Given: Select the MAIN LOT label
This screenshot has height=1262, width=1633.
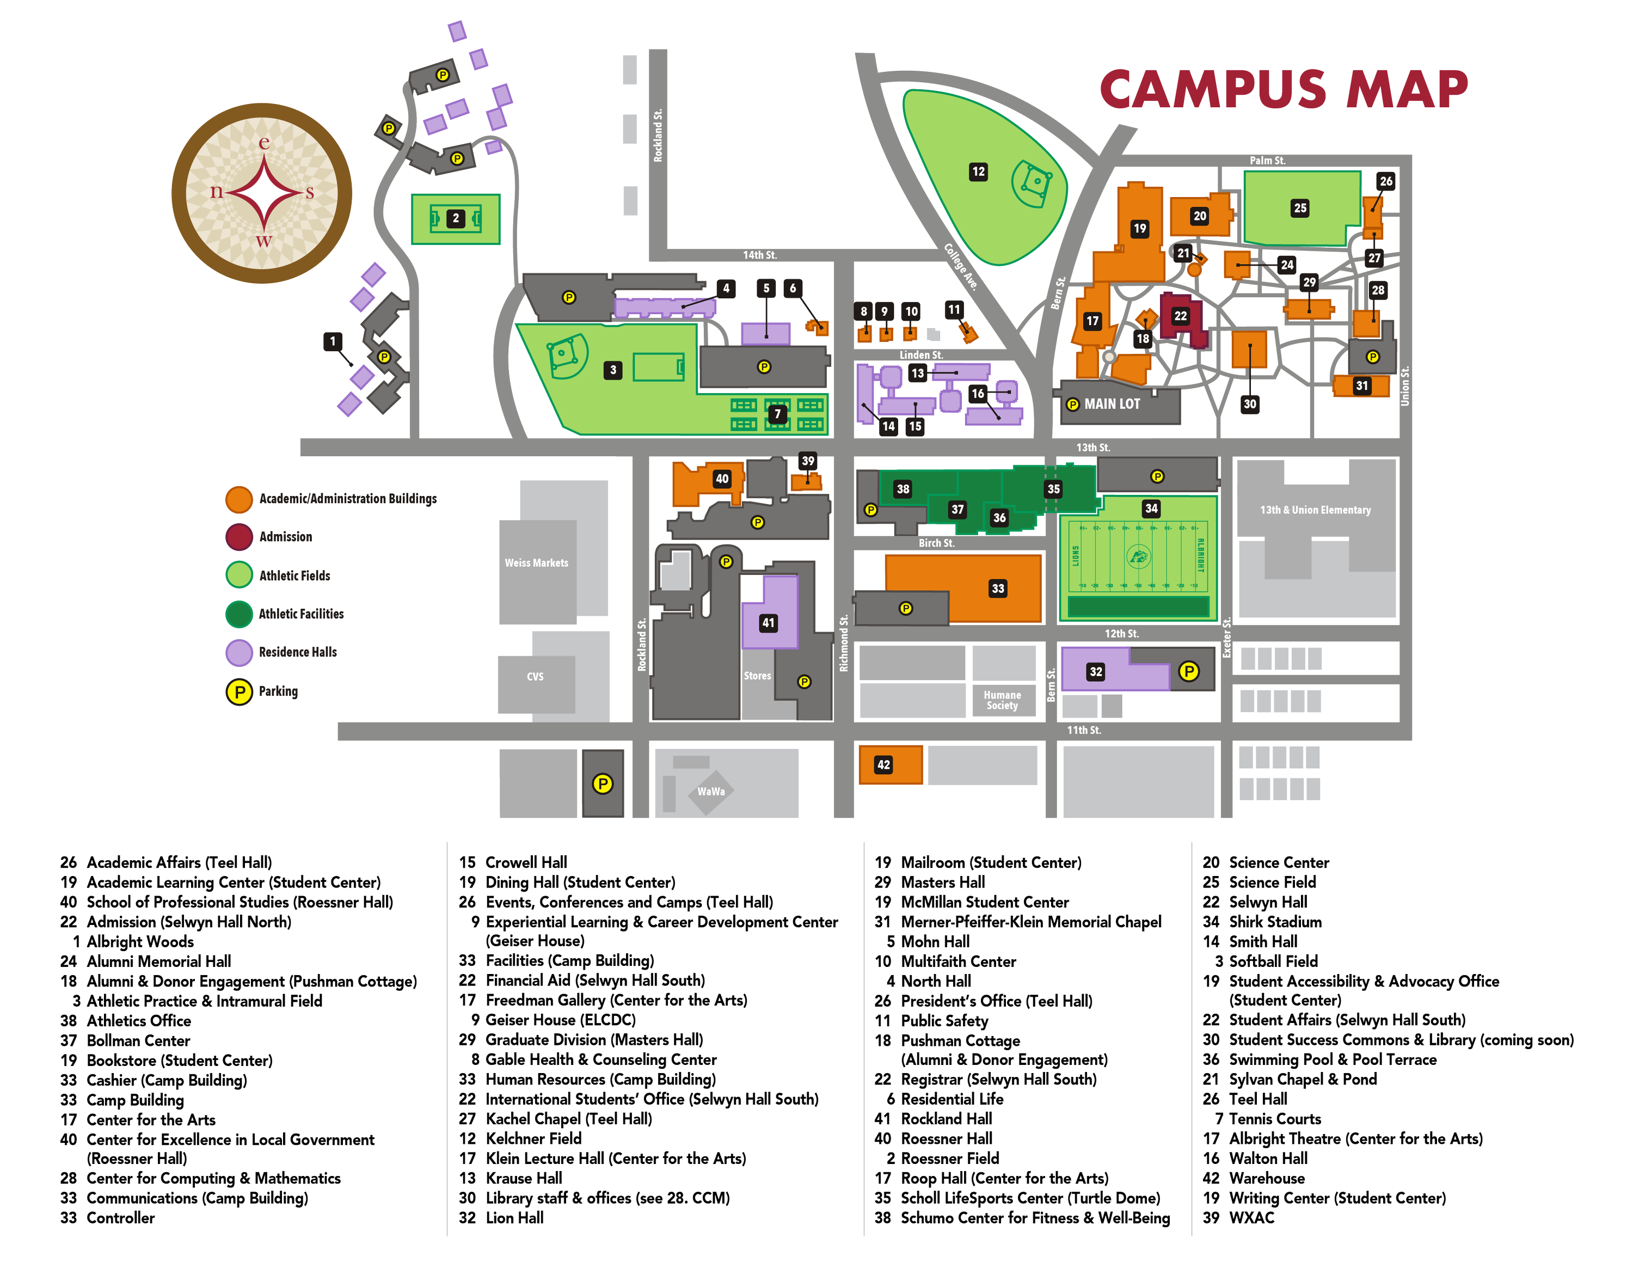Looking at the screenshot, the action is (1112, 405).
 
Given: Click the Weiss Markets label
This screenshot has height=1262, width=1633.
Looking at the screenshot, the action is (536, 563).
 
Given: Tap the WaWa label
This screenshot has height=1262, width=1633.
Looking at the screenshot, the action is (710, 792).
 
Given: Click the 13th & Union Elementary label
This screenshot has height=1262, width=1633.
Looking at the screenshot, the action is (1315, 510).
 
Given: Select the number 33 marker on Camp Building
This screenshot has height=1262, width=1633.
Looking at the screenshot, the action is (997, 589).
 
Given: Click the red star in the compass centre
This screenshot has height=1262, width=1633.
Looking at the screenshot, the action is (263, 193).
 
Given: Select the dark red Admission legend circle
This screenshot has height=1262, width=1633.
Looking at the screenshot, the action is (240, 537).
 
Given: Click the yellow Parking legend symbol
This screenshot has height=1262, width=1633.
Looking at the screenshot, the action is (240, 691).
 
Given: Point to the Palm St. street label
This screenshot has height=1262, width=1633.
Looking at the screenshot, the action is (1267, 161).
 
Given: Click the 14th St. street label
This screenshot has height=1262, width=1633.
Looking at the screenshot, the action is (760, 255).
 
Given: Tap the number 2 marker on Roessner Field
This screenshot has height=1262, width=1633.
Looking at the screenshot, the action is (456, 219).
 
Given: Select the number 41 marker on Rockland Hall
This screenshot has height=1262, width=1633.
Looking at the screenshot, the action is (768, 623).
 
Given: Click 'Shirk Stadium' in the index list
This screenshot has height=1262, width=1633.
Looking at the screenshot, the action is (1275, 922).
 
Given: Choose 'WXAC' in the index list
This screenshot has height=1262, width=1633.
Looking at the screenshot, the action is (1251, 1218).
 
